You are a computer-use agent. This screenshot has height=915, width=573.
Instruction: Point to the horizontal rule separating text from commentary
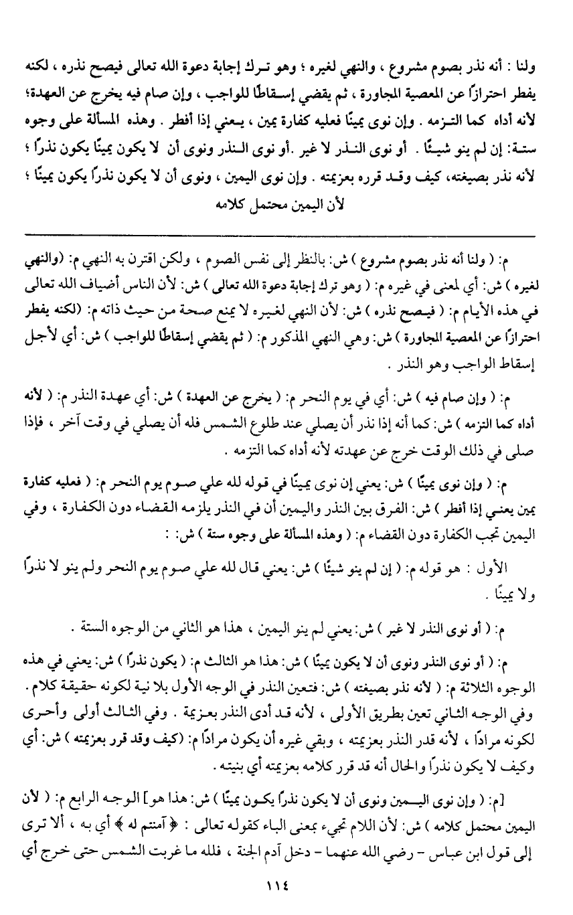tap(280, 236)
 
